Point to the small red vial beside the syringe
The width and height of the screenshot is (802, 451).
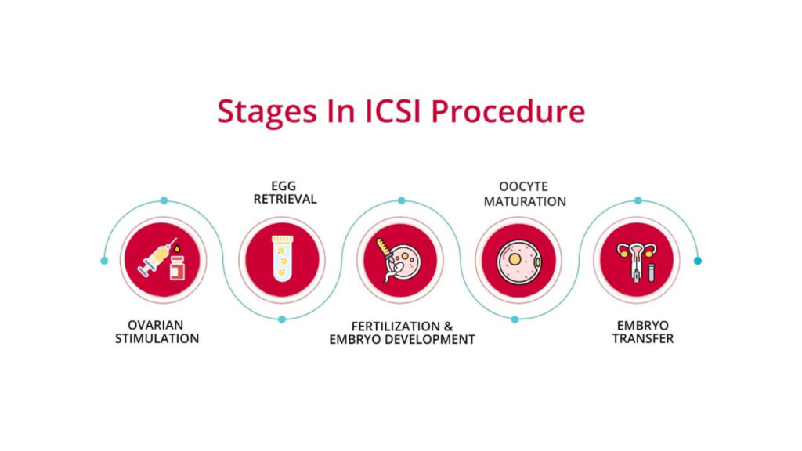(x=179, y=269)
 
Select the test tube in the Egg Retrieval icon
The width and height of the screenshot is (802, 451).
(x=281, y=259)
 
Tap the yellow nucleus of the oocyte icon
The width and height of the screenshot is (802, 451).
(x=514, y=257)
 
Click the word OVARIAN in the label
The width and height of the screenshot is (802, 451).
(x=157, y=324)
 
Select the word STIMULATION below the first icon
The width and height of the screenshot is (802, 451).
(x=157, y=339)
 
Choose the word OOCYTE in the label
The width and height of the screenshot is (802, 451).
(x=524, y=186)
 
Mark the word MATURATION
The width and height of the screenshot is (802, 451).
(x=524, y=201)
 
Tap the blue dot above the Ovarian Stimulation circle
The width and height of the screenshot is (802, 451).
(x=164, y=200)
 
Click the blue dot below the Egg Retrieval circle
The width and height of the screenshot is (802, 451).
(x=282, y=319)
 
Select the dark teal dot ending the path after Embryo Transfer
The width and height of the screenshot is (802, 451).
(x=698, y=260)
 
